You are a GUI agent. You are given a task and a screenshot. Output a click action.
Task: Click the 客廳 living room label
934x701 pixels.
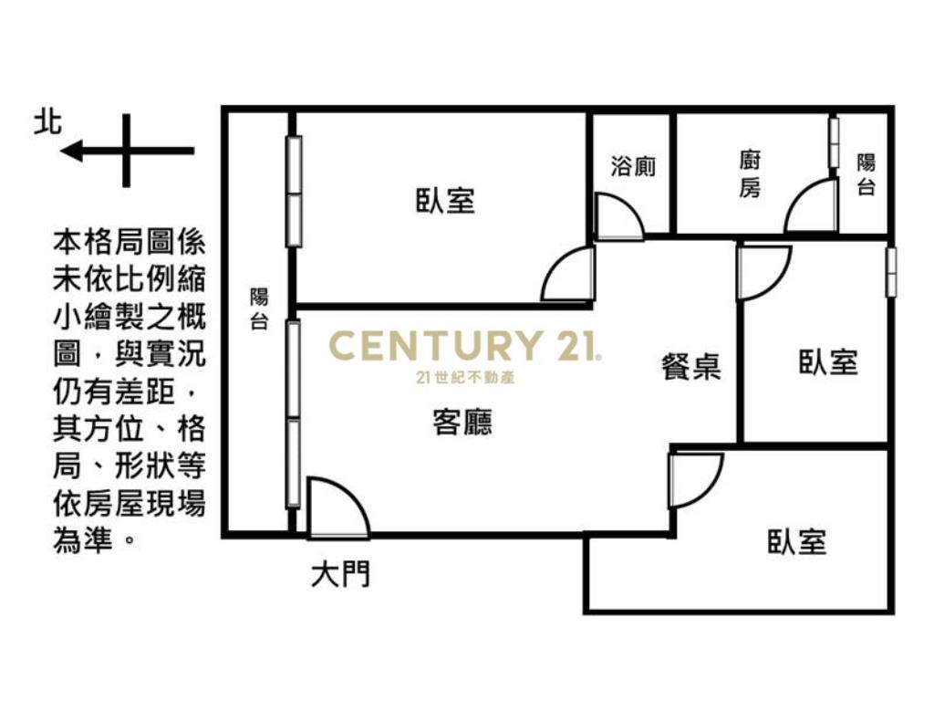(x=462, y=423)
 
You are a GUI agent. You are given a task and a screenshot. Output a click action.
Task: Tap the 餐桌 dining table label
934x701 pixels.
(x=691, y=367)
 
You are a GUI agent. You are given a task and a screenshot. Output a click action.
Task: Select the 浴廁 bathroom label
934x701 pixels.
(x=633, y=167)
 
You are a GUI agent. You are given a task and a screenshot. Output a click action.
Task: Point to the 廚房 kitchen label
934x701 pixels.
(x=749, y=174)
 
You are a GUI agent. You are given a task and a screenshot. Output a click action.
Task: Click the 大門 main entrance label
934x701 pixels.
(x=340, y=575)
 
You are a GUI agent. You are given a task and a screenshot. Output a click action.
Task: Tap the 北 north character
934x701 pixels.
(x=47, y=122)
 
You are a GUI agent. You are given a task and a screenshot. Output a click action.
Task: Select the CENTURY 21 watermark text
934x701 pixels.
(x=464, y=346)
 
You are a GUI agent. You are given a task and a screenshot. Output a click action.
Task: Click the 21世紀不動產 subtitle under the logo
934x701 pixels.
(x=464, y=377)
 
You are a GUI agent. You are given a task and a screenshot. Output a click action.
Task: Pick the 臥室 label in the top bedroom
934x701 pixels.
(x=446, y=201)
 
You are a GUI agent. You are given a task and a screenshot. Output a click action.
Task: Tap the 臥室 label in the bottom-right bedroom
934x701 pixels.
(x=796, y=542)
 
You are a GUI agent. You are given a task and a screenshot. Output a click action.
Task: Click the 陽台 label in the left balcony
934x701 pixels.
(x=260, y=309)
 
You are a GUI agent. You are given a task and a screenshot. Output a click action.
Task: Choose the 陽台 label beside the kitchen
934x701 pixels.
(x=866, y=174)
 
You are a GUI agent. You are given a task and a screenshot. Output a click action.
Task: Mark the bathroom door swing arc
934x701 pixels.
(x=618, y=217)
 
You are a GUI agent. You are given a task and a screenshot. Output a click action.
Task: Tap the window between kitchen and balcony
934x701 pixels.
(x=833, y=142)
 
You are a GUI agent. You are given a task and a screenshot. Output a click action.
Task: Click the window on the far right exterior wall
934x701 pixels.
(x=891, y=271)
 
